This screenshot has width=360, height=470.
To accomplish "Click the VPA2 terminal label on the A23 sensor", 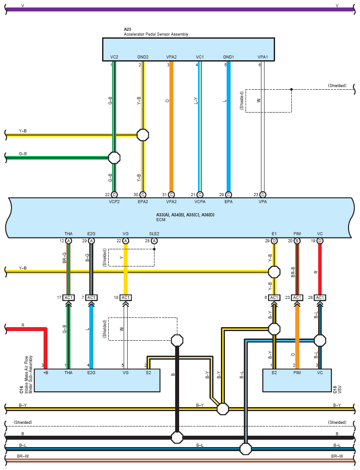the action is click(171, 57).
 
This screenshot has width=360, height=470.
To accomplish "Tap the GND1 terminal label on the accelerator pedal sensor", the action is click(228, 57).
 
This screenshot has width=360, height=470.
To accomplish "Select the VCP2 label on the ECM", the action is click(114, 202).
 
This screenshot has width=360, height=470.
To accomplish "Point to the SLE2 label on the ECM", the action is click(154, 234).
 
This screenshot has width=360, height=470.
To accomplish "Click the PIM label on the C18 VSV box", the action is click(297, 372).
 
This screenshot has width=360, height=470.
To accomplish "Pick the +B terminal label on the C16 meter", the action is click(46, 372).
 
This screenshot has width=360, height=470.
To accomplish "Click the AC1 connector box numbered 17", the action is click(68, 298).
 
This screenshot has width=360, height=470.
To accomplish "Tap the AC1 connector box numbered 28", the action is click(320, 298).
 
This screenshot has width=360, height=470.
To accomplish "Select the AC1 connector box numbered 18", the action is click(125, 298).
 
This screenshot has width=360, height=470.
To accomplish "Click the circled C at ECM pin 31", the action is click(171, 194).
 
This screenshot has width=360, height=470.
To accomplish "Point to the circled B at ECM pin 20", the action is click(297, 240).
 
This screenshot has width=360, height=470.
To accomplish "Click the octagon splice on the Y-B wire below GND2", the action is click(143, 135).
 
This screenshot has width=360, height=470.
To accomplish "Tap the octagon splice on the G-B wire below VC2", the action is click(114, 158).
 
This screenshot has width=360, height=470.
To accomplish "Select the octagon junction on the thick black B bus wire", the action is click(177, 437).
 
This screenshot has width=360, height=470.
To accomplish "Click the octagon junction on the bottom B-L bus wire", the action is click(246, 449).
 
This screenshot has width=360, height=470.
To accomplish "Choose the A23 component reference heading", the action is click(128, 29).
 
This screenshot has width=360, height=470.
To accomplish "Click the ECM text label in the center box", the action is click(161, 220).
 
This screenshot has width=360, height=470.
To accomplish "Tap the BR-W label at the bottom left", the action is click(23, 456).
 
